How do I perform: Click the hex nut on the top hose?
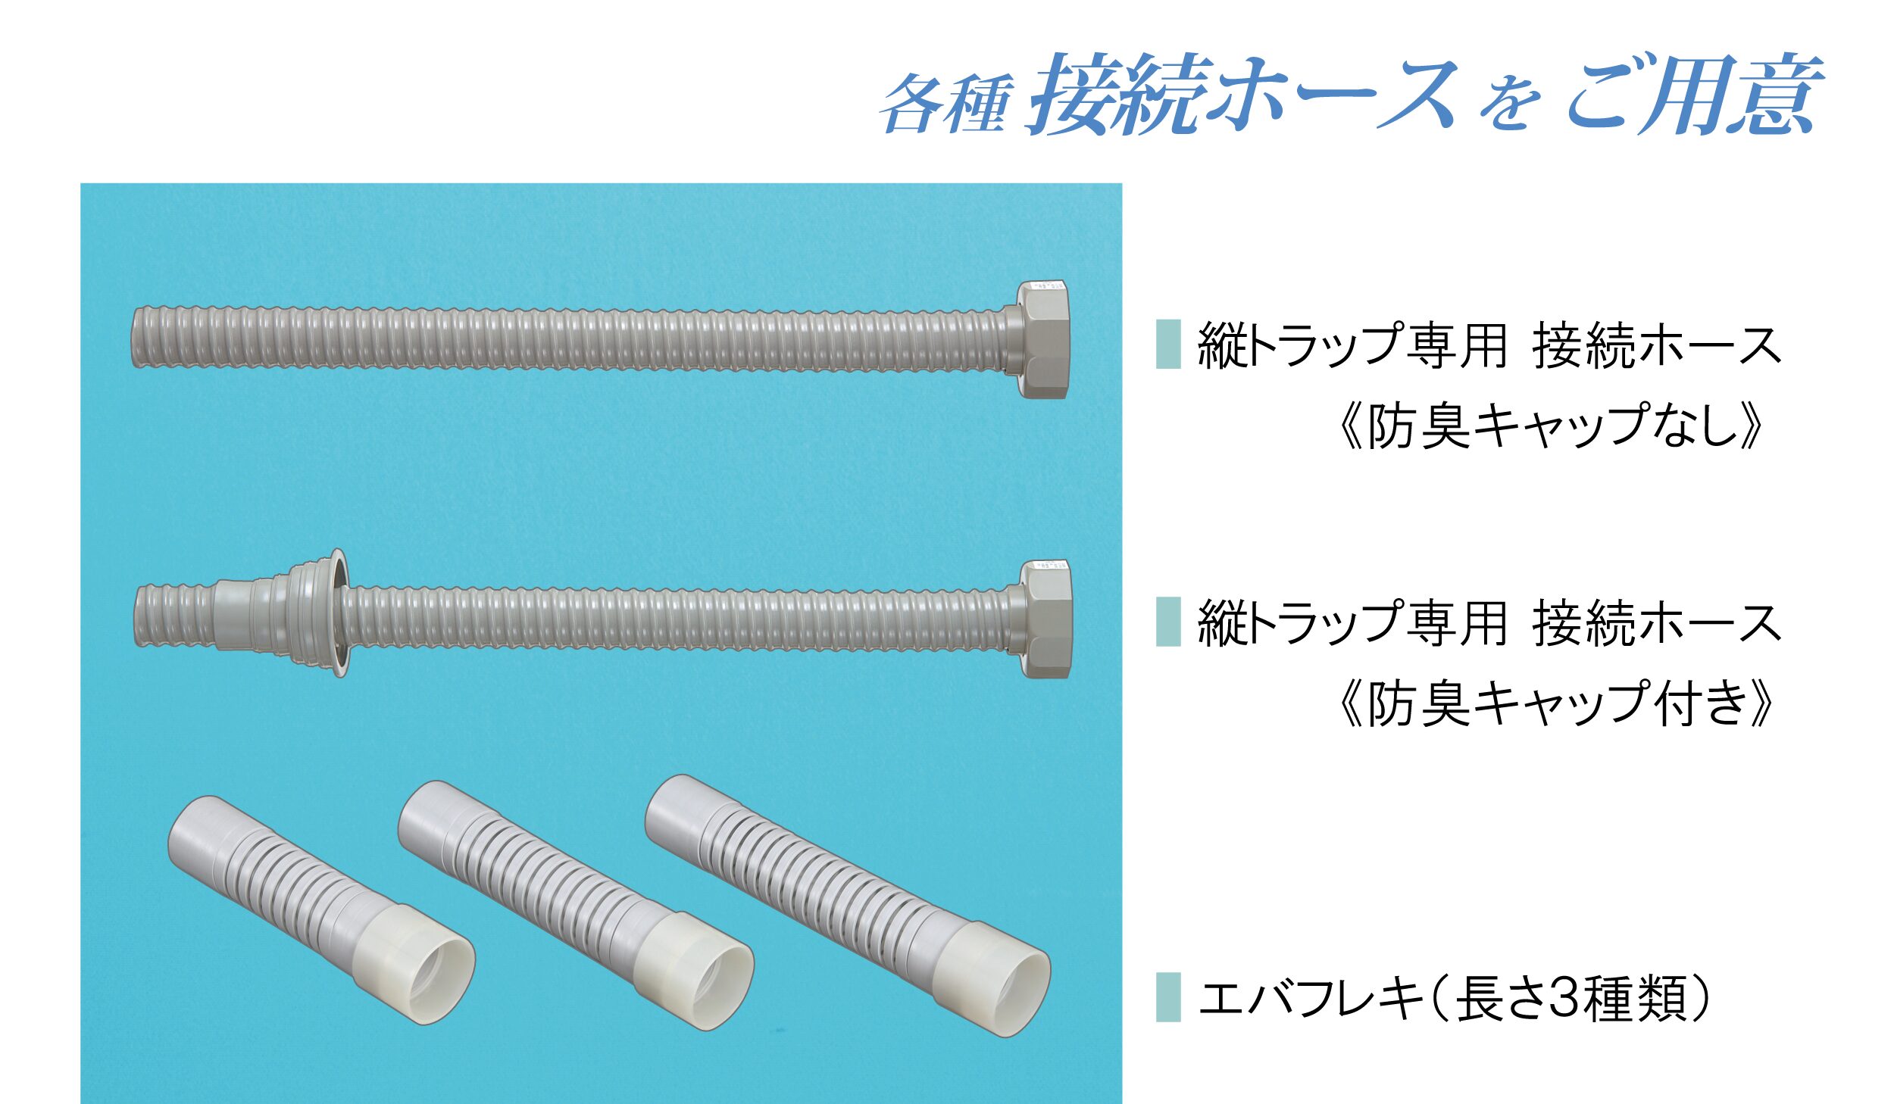pos(1042,338)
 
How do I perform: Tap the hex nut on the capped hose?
pos(1046,619)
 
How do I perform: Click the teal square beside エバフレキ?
pos(1168,997)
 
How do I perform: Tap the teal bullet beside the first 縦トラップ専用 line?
pos(1168,345)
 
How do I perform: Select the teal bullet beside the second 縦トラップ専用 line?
pos(1168,622)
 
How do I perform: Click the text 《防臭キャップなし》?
pos(1550,426)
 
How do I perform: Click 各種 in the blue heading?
pos(945,104)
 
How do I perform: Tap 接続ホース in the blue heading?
pos(1242,95)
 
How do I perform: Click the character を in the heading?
pos(1511,106)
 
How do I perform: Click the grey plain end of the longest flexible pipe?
pos(677,814)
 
